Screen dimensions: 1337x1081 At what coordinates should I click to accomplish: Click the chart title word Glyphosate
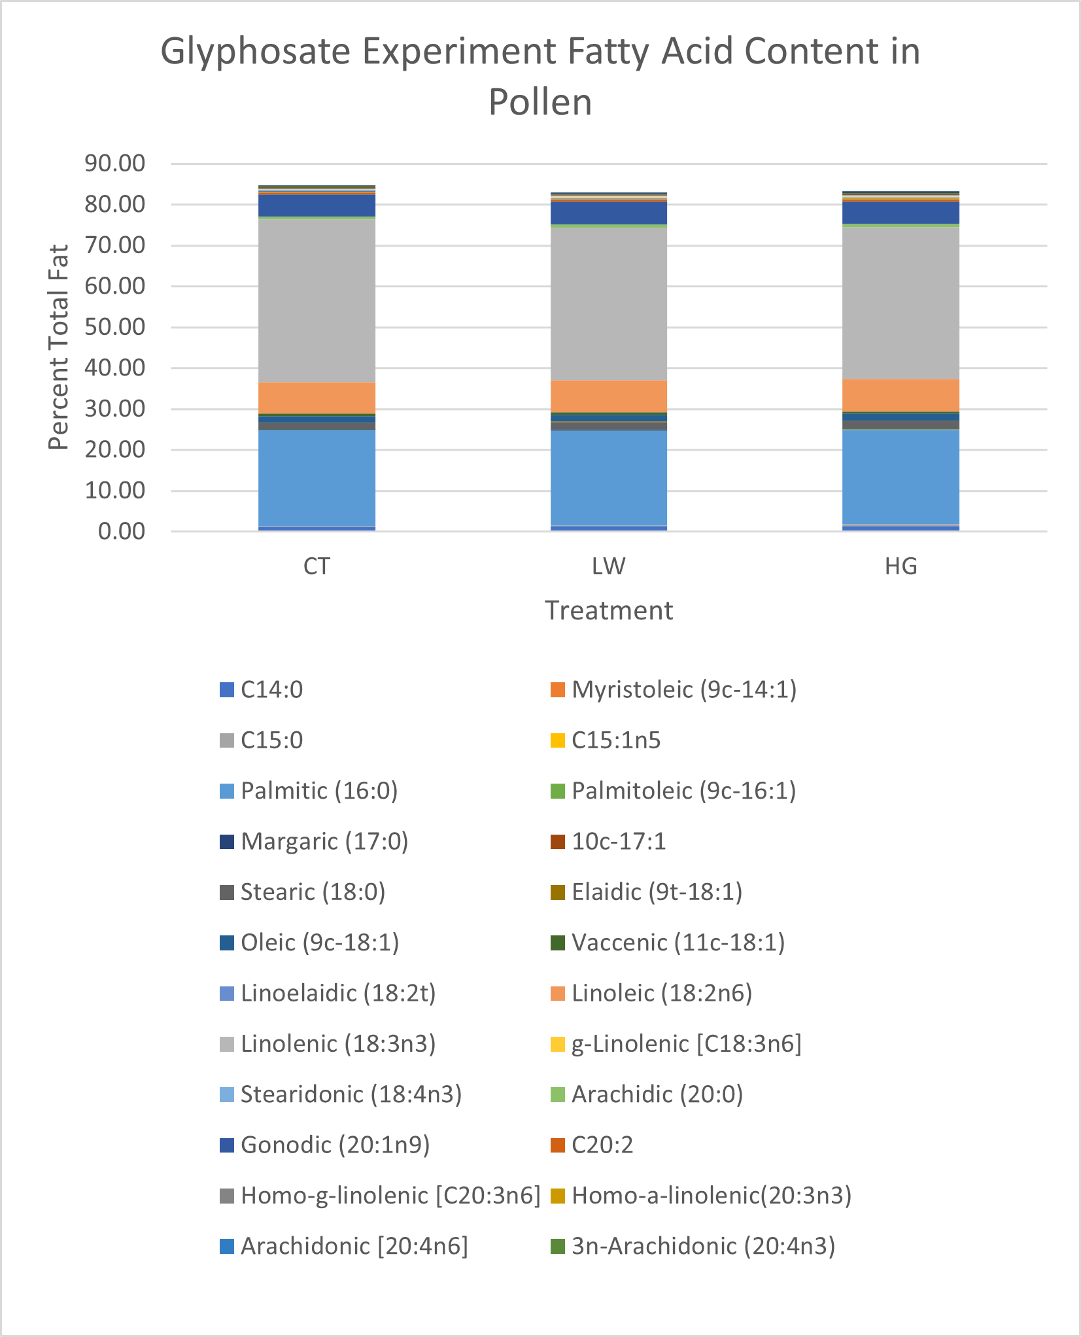tap(256, 52)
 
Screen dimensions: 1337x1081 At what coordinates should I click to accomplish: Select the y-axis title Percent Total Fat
tap(59, 347)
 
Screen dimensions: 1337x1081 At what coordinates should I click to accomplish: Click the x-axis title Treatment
tap(609, 610)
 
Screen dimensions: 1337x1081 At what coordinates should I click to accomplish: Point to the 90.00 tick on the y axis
tap(114, 164)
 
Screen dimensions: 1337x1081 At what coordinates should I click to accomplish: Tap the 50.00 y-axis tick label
tap(114, 327)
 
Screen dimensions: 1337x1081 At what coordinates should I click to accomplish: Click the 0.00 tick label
tap(122, 532)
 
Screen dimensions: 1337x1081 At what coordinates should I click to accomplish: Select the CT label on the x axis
tap(317, 566)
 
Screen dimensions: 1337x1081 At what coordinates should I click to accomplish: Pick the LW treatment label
tap(609, 566)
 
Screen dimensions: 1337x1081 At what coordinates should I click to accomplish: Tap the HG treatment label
tap(901, 566)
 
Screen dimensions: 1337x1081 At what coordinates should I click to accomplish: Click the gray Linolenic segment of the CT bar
tap(317, 301)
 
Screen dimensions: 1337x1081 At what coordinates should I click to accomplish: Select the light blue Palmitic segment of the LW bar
tap(609, 477)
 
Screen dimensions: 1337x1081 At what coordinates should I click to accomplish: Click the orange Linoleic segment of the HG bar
tap(901, 396)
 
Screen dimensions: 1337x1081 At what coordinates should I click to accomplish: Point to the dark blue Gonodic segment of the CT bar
tap(317, 205)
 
